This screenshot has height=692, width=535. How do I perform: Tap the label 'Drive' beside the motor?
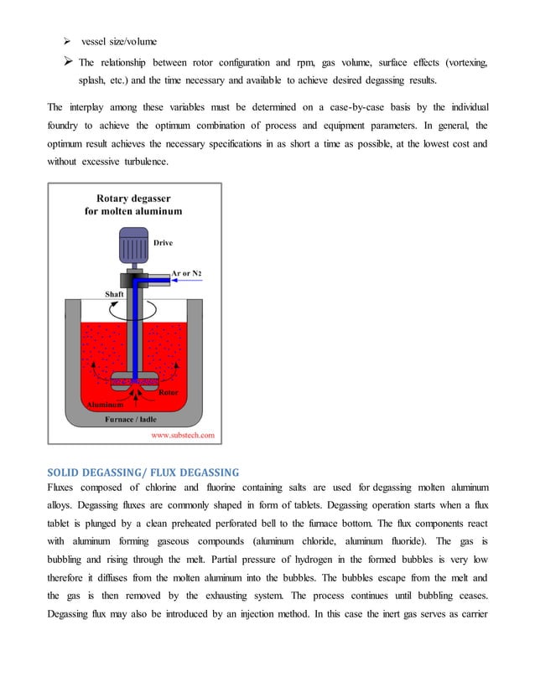[163, 243]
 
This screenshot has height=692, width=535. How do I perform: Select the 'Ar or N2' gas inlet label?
[186, 273]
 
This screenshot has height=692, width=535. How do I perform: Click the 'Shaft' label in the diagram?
[115, 294]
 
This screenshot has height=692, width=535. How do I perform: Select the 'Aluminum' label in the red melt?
[105, 405]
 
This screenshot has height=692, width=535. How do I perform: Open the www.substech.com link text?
[182, 435]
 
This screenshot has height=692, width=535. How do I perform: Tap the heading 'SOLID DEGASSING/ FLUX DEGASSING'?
[143, 472]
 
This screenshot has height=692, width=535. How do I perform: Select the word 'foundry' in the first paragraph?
[65, 126]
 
